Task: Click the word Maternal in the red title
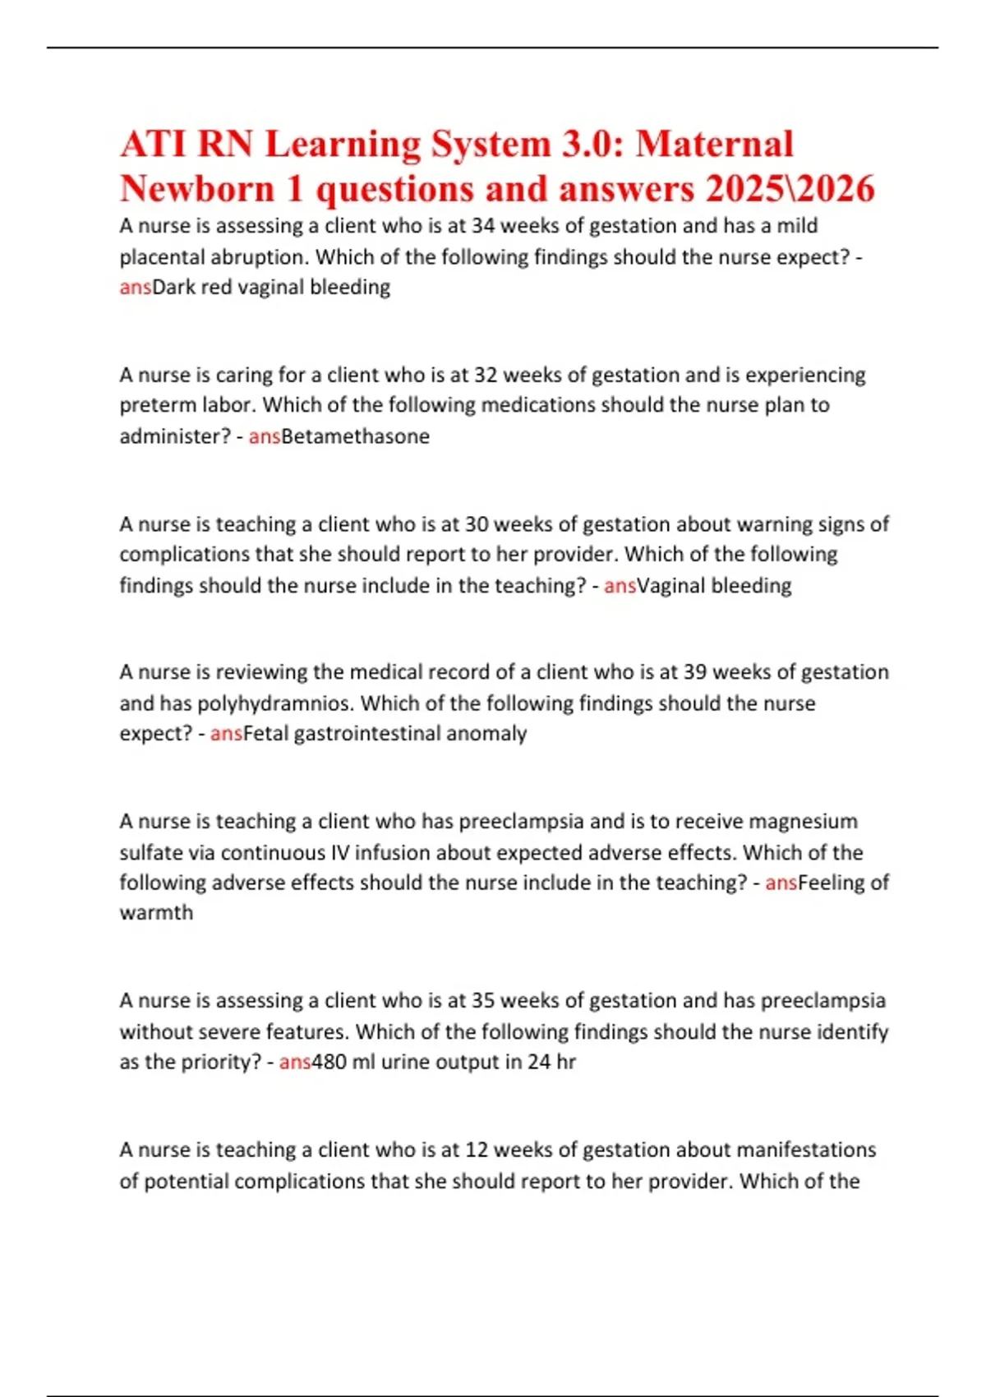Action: [714, 145]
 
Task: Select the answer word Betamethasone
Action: [356, 436]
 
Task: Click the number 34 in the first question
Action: [483, 226]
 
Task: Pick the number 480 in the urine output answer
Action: [329, 1062]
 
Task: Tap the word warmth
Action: [156, 913]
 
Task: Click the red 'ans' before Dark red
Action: [136, 288]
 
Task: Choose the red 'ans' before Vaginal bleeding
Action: [620, 586]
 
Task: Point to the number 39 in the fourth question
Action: [694, 672]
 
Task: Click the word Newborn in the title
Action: [197, 189]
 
